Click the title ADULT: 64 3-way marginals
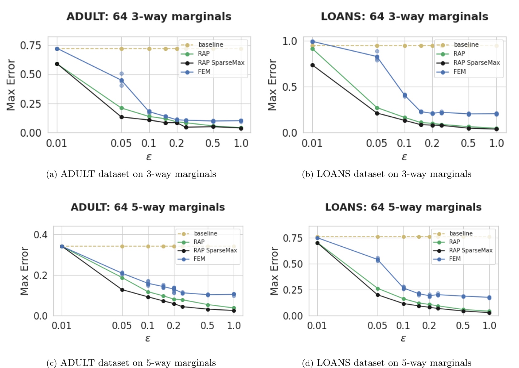click(149, 17)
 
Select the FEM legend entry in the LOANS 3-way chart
click(459, 72)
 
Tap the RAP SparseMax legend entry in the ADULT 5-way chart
click(215, 250)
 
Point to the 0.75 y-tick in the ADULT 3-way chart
click(30, 45)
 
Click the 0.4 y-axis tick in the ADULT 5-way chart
click(41, 235)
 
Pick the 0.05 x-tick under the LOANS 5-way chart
click(377, 326)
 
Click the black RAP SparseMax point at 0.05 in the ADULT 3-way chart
click(122, 117)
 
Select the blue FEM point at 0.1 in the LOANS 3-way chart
click(405, 96)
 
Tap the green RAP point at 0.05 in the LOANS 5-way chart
click(378, 289)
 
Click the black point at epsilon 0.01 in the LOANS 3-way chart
click(313, 65)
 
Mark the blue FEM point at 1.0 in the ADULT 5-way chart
click(234, 294)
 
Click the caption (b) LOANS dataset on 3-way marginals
click(386, 174)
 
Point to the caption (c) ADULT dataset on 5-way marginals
click(131, 363)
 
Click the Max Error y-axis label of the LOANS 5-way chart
click(274, 271)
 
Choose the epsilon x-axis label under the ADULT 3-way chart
click(149, 157)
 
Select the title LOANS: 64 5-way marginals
click(403, 207)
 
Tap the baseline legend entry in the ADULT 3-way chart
click(210, 45)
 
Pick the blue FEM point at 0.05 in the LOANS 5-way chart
click(378, 260)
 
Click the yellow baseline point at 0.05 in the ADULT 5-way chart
click(122, 246)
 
